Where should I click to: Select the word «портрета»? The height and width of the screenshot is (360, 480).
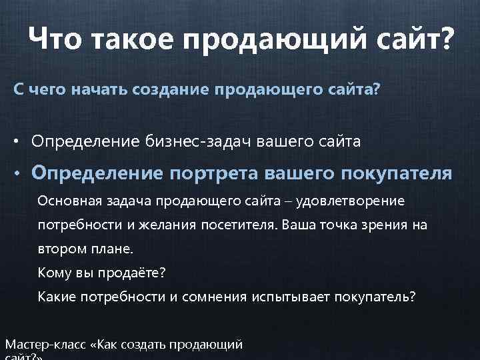click(x=214, y=174)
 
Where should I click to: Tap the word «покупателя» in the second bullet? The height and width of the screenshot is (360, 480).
click(x=396, y=174)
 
